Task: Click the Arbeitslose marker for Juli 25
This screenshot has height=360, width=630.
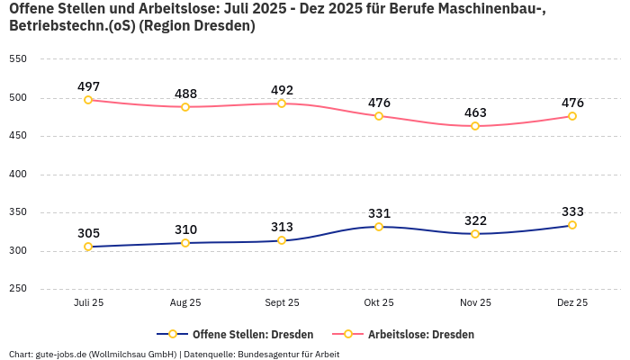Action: (x=88, y=100)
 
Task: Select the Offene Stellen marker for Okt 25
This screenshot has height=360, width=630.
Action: (x=379, y=227)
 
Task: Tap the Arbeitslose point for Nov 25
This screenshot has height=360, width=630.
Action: (x=475, y=126)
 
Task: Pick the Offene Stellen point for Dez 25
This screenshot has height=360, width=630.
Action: (x=572, y=225)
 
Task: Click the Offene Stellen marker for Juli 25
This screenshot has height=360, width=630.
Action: (x=88, y=247)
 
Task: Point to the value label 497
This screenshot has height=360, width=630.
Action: (x=88, y=86)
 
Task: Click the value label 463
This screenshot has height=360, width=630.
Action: (x=475, y=112)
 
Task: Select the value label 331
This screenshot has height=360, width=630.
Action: (x=379, y=213)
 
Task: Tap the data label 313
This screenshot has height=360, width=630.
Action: (x=282, y=227)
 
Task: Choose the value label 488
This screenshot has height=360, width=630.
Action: (x=185, y=94)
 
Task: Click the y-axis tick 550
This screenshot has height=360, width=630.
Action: (x=17, y=59)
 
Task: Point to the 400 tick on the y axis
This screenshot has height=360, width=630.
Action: (x=17, y=175)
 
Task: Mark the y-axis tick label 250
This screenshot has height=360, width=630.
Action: (x=17, y=290)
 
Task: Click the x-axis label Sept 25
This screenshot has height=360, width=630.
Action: (x=282, y=303)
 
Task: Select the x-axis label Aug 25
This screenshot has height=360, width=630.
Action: (x=185, y=303)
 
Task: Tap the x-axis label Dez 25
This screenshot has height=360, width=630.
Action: (x=572, y=303)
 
